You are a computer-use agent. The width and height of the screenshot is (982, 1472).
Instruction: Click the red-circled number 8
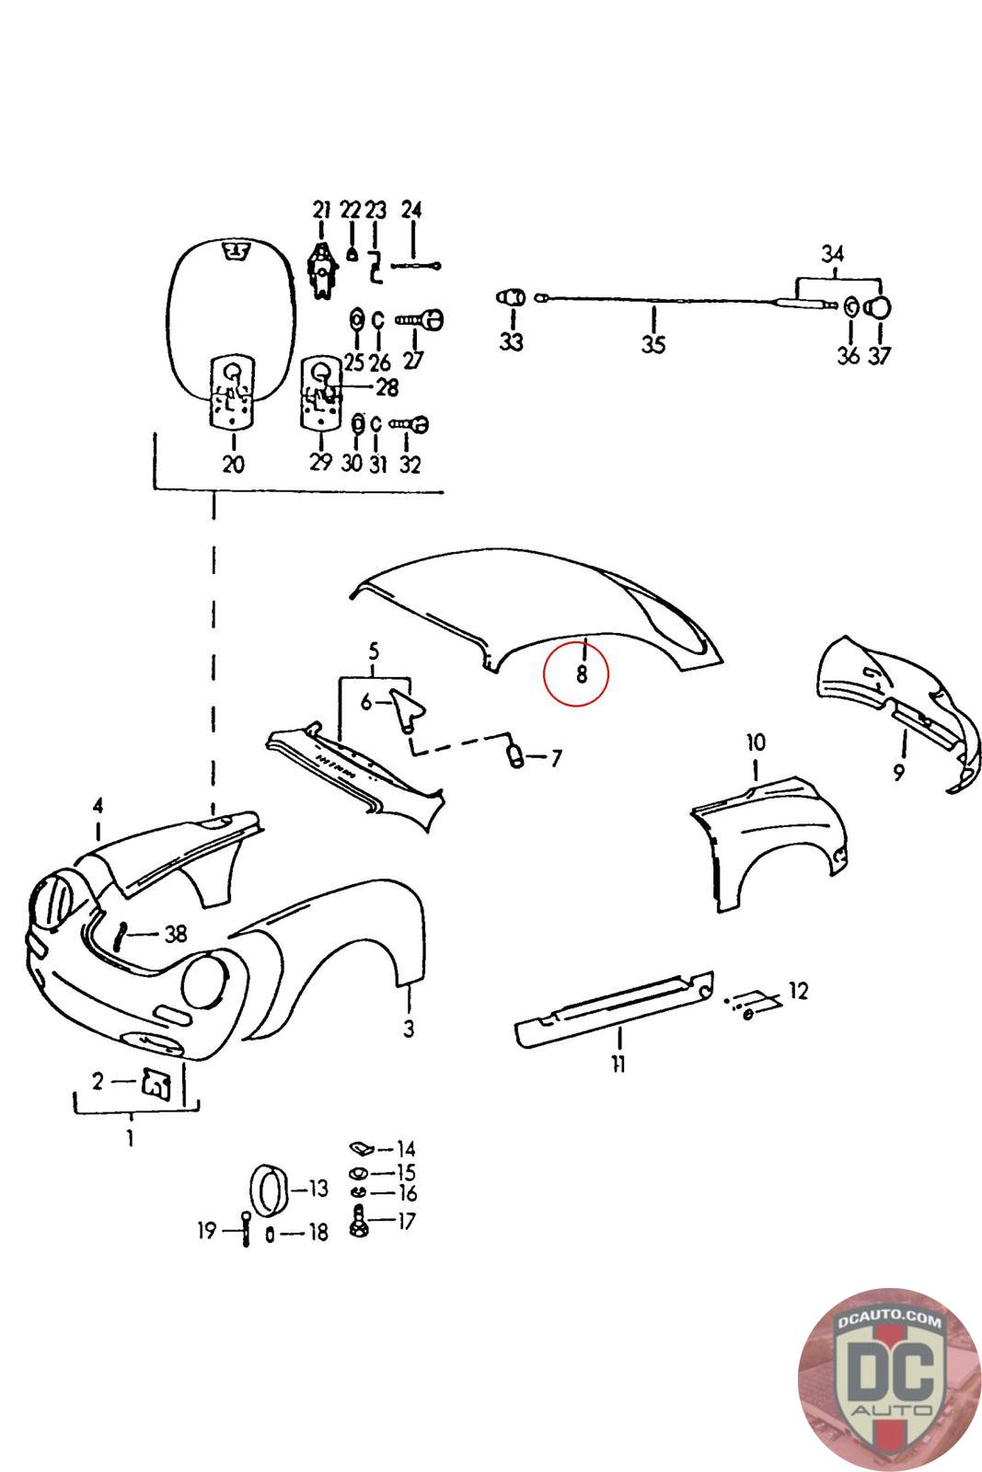[x=581, y=674]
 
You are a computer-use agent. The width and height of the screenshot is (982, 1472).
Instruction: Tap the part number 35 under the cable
[x=653, y=345]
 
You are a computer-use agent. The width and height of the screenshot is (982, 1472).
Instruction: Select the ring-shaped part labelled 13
[x=270, y=1190]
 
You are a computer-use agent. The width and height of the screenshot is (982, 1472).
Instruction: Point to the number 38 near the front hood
[x=175, y=934]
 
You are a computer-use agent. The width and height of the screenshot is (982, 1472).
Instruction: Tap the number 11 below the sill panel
[x=618, y=1064]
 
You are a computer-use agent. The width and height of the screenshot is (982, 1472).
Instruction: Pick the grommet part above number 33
[x=511, y=299]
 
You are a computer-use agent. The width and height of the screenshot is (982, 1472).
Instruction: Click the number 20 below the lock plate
[x=234, y=464]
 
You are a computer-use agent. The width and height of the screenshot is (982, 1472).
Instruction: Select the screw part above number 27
[x=422, y=318]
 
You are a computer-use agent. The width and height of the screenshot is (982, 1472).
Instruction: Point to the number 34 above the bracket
[x=832, y=253]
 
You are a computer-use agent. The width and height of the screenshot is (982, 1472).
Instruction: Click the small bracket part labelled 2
[x=156, y=1083]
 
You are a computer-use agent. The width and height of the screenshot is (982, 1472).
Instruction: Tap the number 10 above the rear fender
[x=755, y=742]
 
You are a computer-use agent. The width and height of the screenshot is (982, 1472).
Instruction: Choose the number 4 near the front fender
[x=98, y=807]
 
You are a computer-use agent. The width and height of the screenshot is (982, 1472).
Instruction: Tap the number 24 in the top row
[x=411, y=210]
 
